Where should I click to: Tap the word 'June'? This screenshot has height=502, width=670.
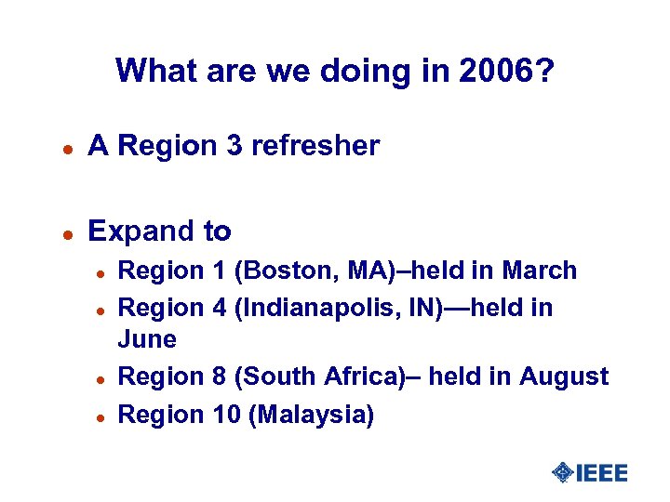click(147, 339)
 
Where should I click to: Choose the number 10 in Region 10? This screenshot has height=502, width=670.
click(224, 414)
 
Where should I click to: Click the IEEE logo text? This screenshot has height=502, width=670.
click(602, 473)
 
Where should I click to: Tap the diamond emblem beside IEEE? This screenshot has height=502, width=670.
click(562, 473)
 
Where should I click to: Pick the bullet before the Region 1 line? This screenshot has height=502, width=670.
click(97, 272)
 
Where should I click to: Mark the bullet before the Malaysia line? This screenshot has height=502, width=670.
click(97, 416)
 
